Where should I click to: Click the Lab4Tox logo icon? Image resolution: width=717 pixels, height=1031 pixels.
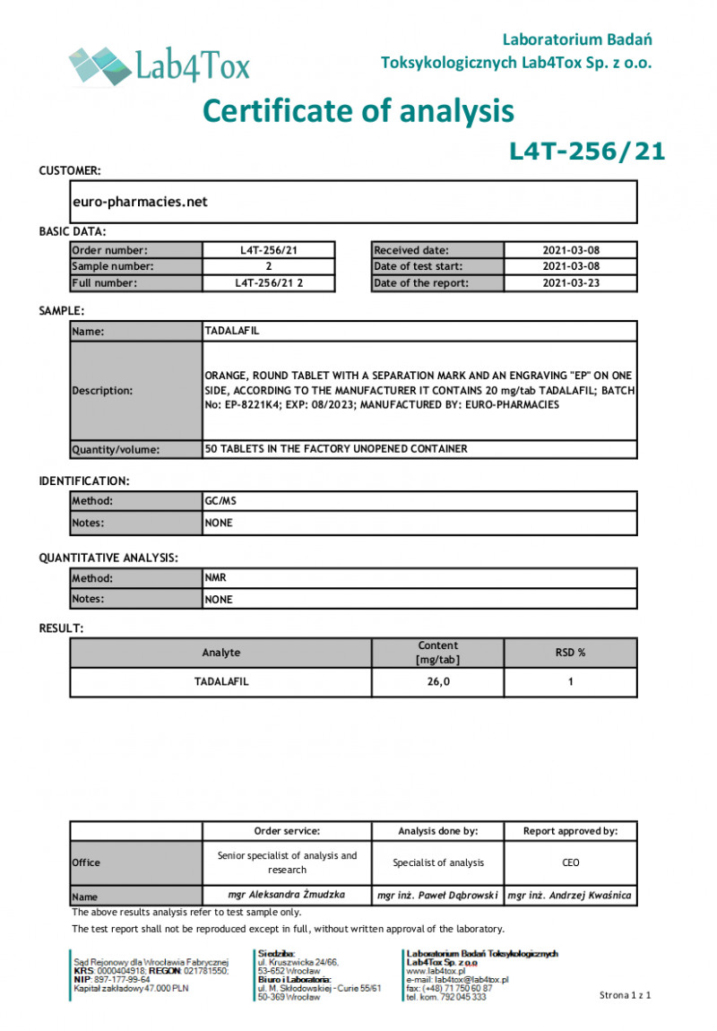(x=99, y=65)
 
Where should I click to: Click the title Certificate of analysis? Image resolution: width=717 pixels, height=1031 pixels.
(x=358, y=110)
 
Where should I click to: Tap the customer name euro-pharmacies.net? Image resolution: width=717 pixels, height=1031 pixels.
(x=140, y=202)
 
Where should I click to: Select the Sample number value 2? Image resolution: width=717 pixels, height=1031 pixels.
(x=269, y=266)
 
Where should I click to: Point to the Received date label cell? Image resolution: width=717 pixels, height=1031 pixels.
(x=437, y=250)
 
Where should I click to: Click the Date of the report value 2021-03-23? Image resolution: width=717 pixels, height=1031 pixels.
(x=570, y=283)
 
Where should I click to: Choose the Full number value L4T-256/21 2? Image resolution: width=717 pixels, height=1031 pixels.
(x=269, y=283)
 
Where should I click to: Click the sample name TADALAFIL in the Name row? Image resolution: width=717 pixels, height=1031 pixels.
(x=232, y=331)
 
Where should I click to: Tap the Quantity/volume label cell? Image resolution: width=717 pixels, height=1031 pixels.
(x=136, y=449)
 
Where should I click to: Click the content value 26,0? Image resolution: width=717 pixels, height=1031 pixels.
(x=437, y=682)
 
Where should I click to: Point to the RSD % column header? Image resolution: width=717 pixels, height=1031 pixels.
(x=570, y=653)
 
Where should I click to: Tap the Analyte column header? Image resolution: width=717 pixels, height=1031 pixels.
(x=220, y=653)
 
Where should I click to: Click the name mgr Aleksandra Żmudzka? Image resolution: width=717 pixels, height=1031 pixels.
(x=287, y=895)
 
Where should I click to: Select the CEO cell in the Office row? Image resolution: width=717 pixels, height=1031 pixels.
(x=570, y=862)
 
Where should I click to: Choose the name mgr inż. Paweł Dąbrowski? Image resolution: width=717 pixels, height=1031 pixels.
(x=437, y=895)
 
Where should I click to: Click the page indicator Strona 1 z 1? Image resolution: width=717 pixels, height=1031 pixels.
(x=625, y=995)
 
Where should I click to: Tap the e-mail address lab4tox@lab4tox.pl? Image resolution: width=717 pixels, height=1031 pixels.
(x=457, y=980)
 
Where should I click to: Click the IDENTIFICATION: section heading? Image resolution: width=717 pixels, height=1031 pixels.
(x=84, y=481)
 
